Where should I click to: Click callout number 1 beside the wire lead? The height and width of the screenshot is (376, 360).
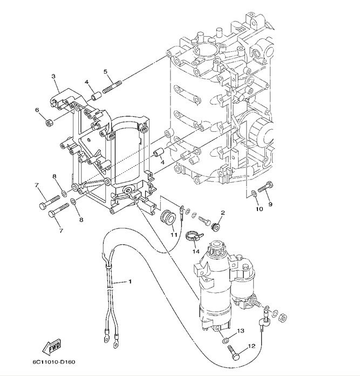[130, 281]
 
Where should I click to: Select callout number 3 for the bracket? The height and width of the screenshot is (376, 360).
[54, 77]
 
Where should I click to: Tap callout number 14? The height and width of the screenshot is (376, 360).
[196, 252]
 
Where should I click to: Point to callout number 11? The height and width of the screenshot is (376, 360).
[174, 234]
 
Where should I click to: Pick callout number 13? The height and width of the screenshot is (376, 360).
[241, 330]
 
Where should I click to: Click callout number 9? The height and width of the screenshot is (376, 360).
[270, 204]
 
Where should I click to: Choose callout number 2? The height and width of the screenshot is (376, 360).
[222, 212]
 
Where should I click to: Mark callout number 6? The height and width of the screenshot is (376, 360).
[37, 110]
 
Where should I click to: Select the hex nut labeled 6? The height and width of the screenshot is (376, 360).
[49, 122]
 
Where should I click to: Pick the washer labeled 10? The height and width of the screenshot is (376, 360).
[253, 193]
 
